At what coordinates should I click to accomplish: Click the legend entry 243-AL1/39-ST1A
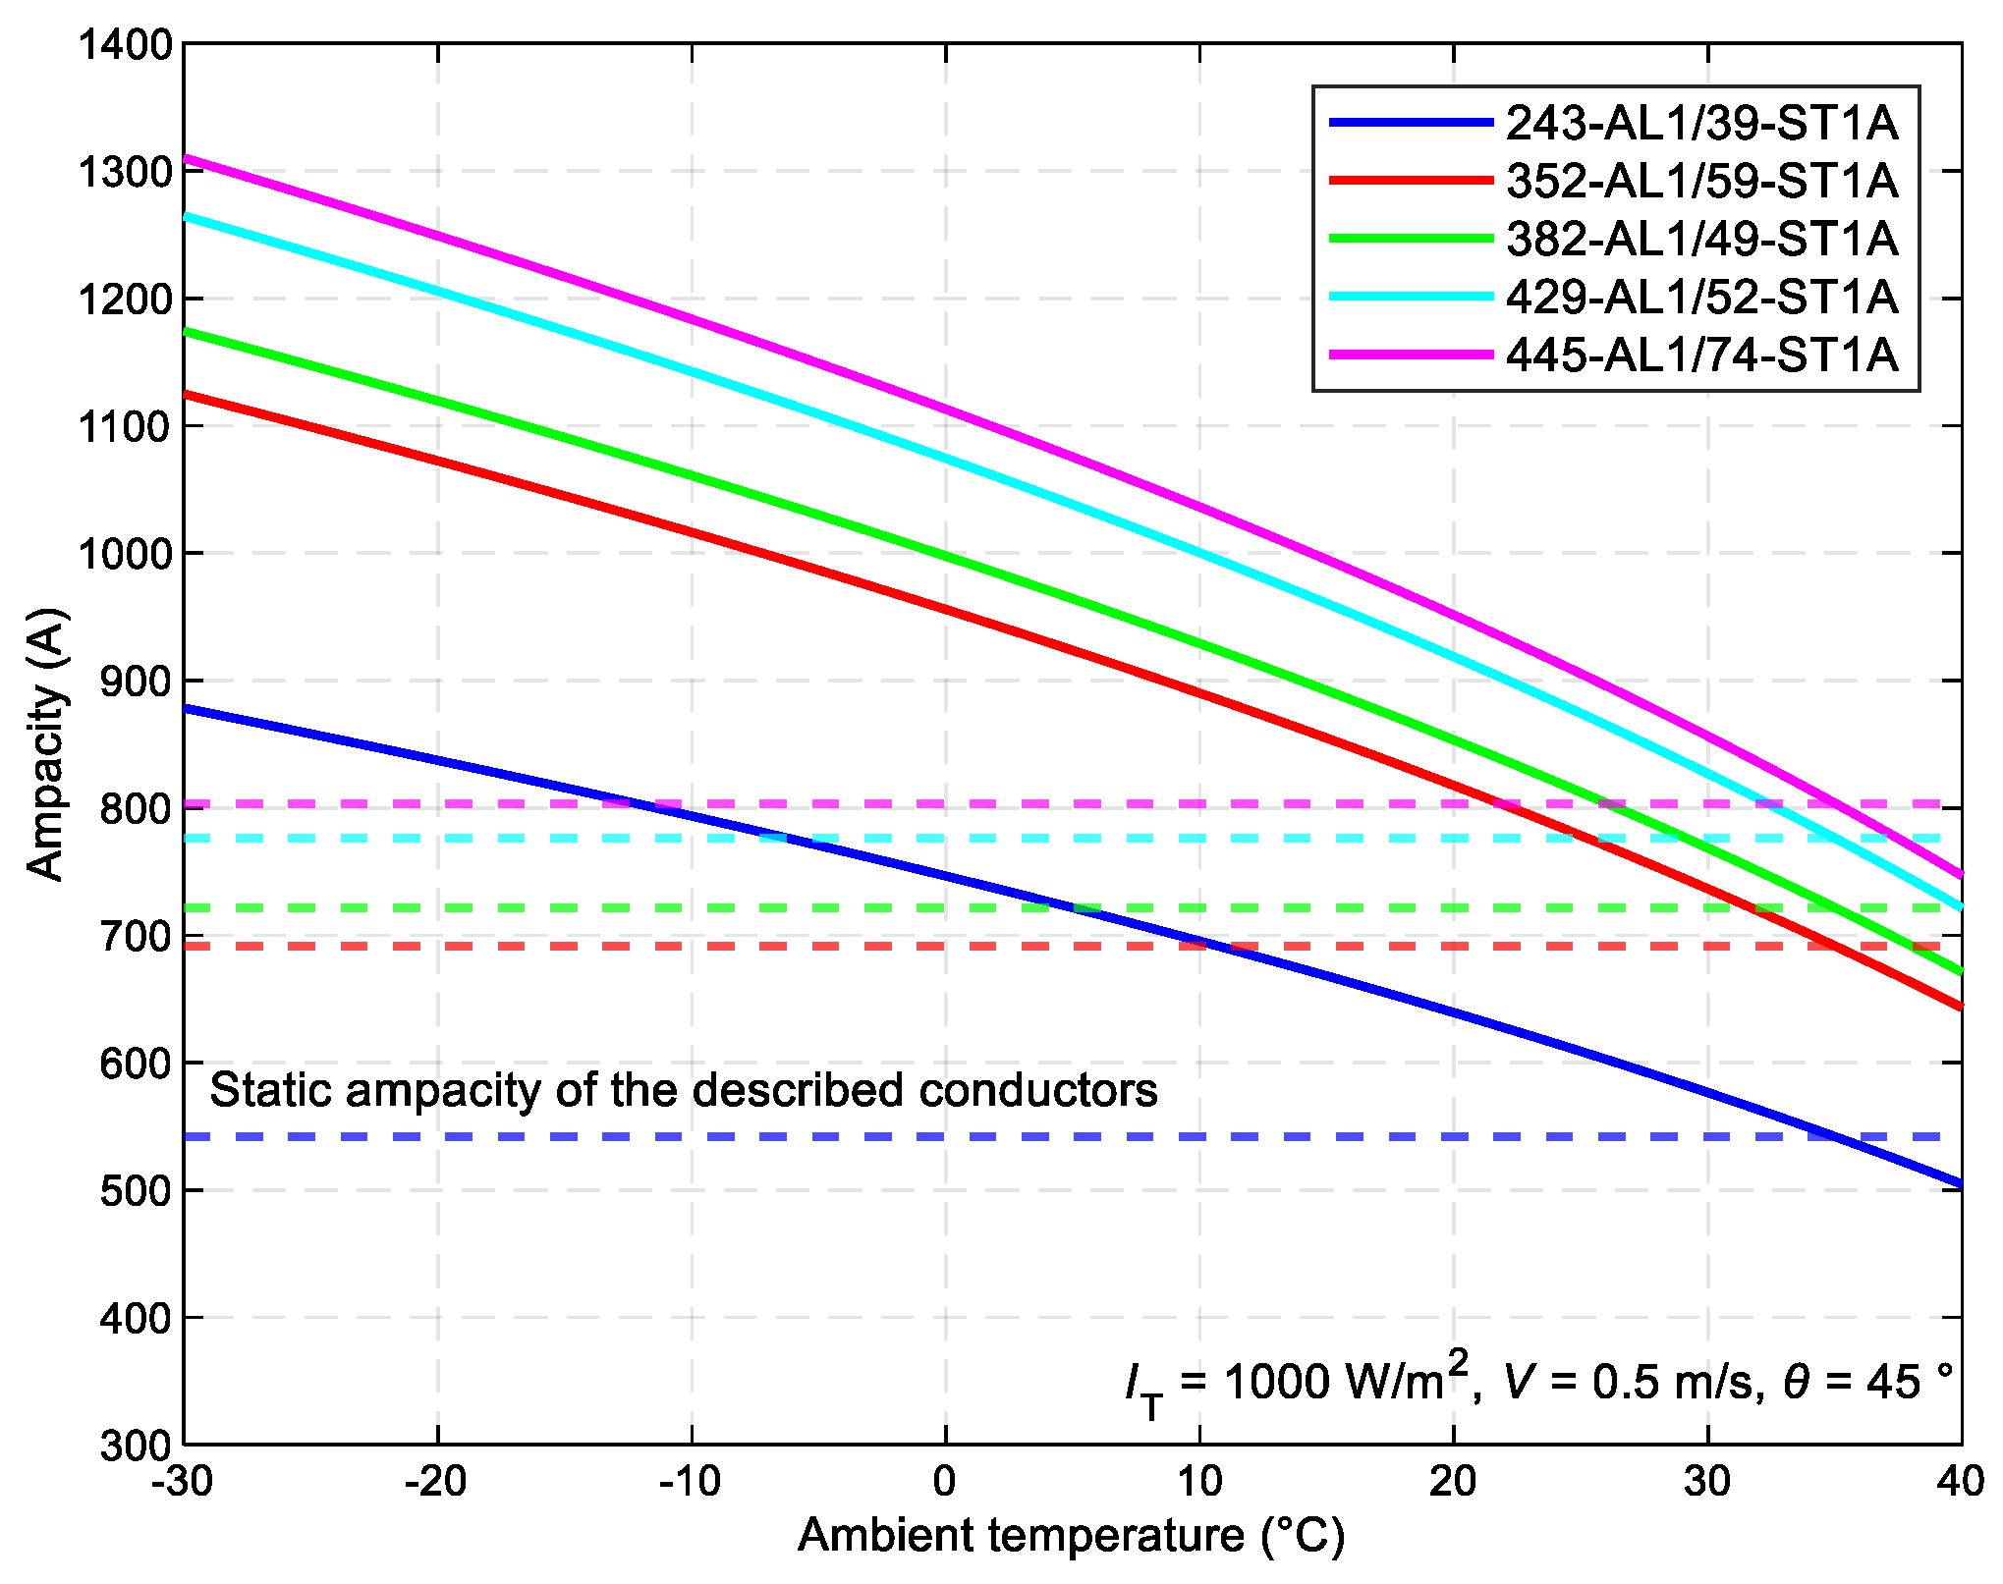click(1701, 123)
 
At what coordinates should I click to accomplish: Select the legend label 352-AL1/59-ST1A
click(1701, 181)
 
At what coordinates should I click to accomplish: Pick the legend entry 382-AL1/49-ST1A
click(1701, 239)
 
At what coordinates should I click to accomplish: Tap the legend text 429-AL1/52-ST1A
click(1701, 297)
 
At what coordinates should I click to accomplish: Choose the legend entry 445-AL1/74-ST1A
click(1701, 355)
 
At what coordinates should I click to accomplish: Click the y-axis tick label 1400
click(125, 45)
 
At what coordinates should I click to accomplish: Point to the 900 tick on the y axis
click(136, 682)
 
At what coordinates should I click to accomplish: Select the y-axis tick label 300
click(136, 1446)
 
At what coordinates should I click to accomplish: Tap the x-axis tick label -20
click(435, 1481)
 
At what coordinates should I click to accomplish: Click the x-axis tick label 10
click(1198, 1481)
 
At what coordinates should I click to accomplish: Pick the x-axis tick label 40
click(1961, 1481)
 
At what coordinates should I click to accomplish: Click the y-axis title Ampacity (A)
click(46, 743)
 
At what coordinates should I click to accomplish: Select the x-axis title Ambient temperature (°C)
click(1071, 1535)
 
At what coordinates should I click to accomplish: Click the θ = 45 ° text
click(1867, 1382)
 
